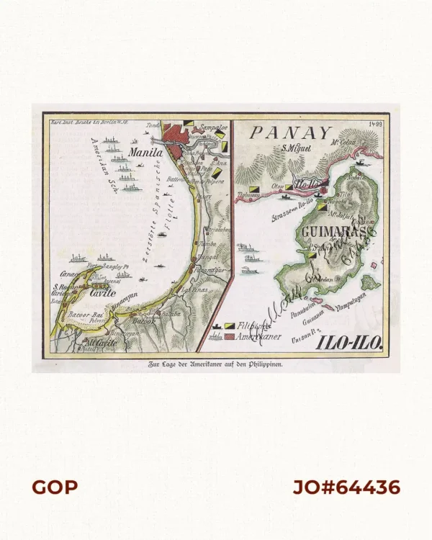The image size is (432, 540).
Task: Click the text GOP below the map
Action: [x=54, y=487]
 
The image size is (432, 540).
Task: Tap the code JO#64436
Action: [x=346, y=487]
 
